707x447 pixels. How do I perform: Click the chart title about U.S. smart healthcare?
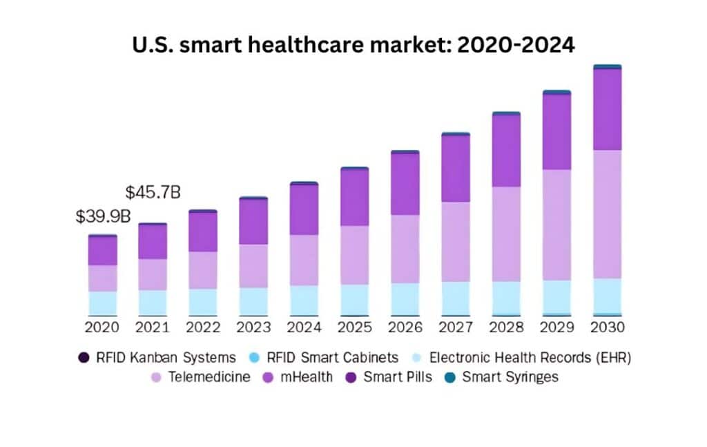(x=353, y=45)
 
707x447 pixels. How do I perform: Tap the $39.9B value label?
(x=103, y=216)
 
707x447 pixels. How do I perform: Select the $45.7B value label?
(x=153, y=193)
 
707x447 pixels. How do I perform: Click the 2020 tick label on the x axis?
(x=102, y=327)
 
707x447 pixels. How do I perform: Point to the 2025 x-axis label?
(x=354, y=327)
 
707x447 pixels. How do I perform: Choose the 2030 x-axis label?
(x=607, y=327)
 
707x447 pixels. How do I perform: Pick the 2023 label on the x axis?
(x=253, y=327)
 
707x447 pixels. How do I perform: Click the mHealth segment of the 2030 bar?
(x=607, y=109)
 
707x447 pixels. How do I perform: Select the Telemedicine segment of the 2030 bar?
(x=607, y=214)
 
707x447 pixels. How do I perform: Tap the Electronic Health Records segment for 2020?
(x=102, y=303)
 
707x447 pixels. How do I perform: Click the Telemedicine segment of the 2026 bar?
(x=405, y=249)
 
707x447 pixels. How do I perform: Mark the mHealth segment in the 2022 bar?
(x=203, y=231)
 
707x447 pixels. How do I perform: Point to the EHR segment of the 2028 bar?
(x=506, y=297)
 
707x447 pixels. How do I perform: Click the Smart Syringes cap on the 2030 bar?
(x=607, y=67)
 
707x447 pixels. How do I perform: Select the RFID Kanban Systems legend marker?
(x=84, y=358)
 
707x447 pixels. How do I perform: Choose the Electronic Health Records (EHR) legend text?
(x=530, y=358)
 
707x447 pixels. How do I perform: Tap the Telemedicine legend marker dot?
(x=155, y=377)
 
